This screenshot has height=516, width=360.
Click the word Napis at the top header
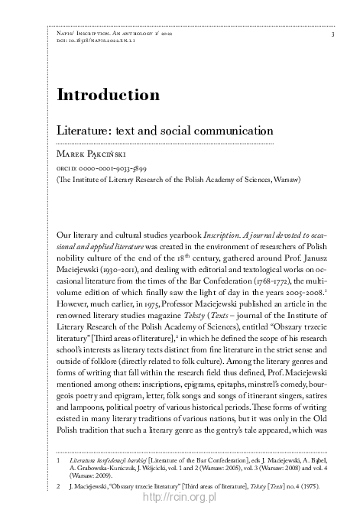click(x=67, y=34)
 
